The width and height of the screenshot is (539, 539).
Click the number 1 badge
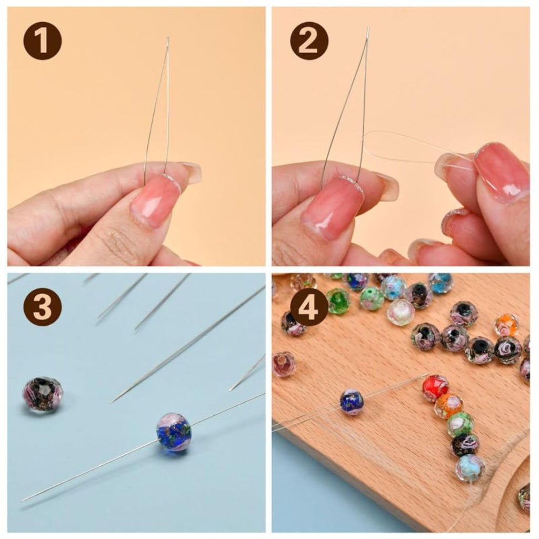tap(43, 42)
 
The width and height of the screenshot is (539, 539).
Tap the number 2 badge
tap(308, 42)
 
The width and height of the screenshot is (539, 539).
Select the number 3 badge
tap(43, 307)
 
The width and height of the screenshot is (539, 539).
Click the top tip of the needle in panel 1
tap(168, 37)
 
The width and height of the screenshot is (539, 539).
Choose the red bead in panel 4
tap(435, 388)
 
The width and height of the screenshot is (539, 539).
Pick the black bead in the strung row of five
tap(465, 445)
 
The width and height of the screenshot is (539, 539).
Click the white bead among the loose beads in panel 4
tap(401, 312)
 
